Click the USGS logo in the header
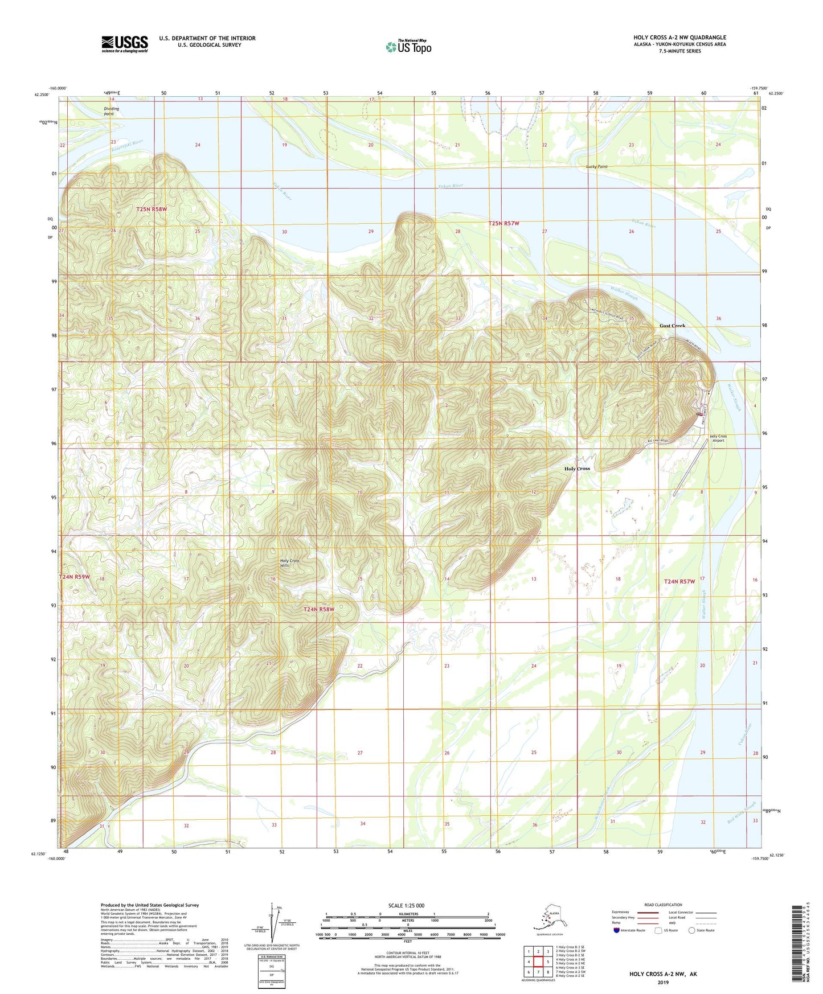point(124,44)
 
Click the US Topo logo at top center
point(407,46)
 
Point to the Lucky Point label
point(596,167)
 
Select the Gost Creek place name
point(672,326)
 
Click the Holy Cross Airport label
point(718,438)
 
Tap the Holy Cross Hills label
point(289,563)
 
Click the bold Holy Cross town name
point(577,469)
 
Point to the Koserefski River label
point(127,145)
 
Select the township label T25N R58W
point(152,210)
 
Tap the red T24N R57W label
point(679,582)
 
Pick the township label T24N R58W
point(318,609)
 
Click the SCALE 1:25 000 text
point(407,905)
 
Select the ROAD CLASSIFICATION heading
point(663,905)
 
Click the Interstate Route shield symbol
point(616,930)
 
